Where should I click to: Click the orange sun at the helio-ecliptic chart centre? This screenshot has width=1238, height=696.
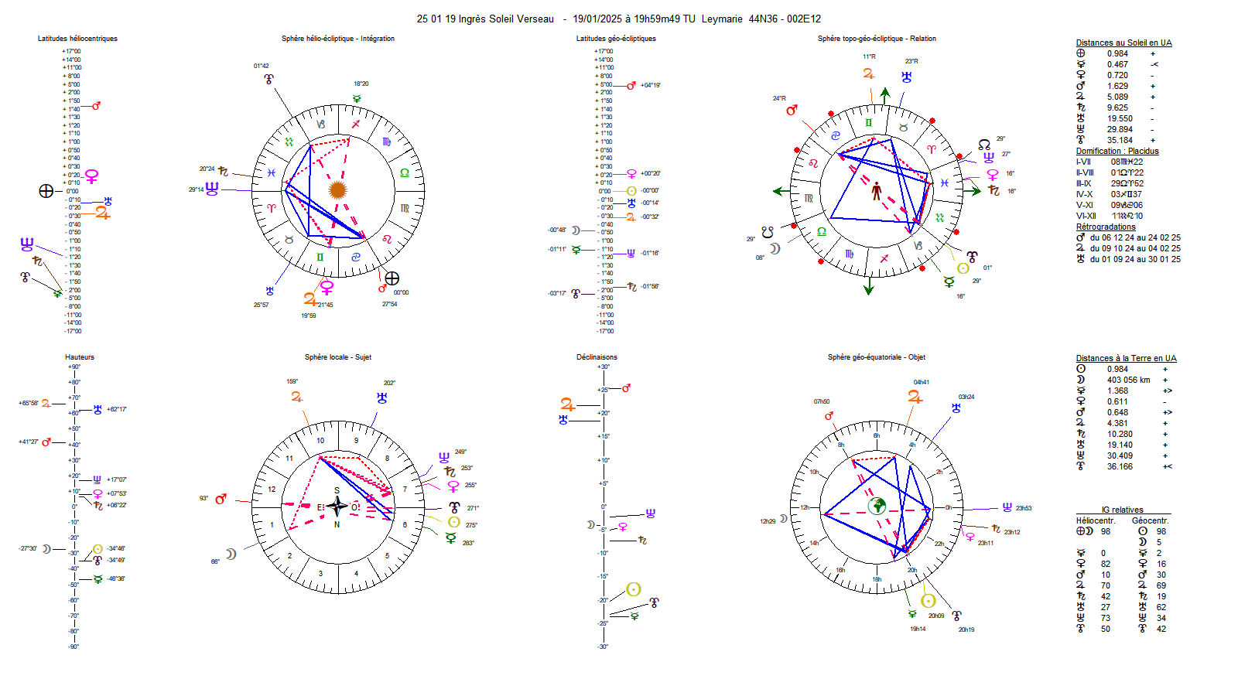pos(337,189)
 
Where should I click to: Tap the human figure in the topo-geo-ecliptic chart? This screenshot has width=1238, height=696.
pos(877,191)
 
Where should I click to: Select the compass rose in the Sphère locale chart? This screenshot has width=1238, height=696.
pos(337,507)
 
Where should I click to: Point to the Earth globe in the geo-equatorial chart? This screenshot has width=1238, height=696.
pos(877,507)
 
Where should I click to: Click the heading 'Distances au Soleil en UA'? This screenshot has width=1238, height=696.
pos(1123,43)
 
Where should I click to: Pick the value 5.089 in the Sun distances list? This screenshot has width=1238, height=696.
pos(1117,97)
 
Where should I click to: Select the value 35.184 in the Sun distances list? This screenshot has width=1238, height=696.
pos(1120,141)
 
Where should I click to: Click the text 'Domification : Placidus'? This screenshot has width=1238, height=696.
pos(1117,152)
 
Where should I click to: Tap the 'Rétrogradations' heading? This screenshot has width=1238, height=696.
pos(1106,227)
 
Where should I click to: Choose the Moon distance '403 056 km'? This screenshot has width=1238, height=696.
pos(1128,380)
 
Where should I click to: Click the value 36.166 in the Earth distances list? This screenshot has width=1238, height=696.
pos(1120,467)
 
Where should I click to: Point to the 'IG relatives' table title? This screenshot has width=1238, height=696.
pos(1122,510)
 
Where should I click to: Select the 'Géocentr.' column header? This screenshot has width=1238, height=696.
pos(1151,521)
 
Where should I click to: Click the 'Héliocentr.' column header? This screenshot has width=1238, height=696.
pos(1096,521)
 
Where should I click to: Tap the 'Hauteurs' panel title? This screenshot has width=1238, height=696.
pos(80,357)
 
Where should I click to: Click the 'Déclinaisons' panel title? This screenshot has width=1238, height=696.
pos(597,357)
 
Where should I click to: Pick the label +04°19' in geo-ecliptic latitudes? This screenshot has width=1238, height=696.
pos(651,86)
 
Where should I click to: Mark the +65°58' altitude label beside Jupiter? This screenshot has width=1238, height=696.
pos(29,404)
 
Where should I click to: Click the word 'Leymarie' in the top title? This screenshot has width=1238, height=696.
pos(722,19)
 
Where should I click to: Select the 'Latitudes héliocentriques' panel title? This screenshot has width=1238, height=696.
pos(77,39)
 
